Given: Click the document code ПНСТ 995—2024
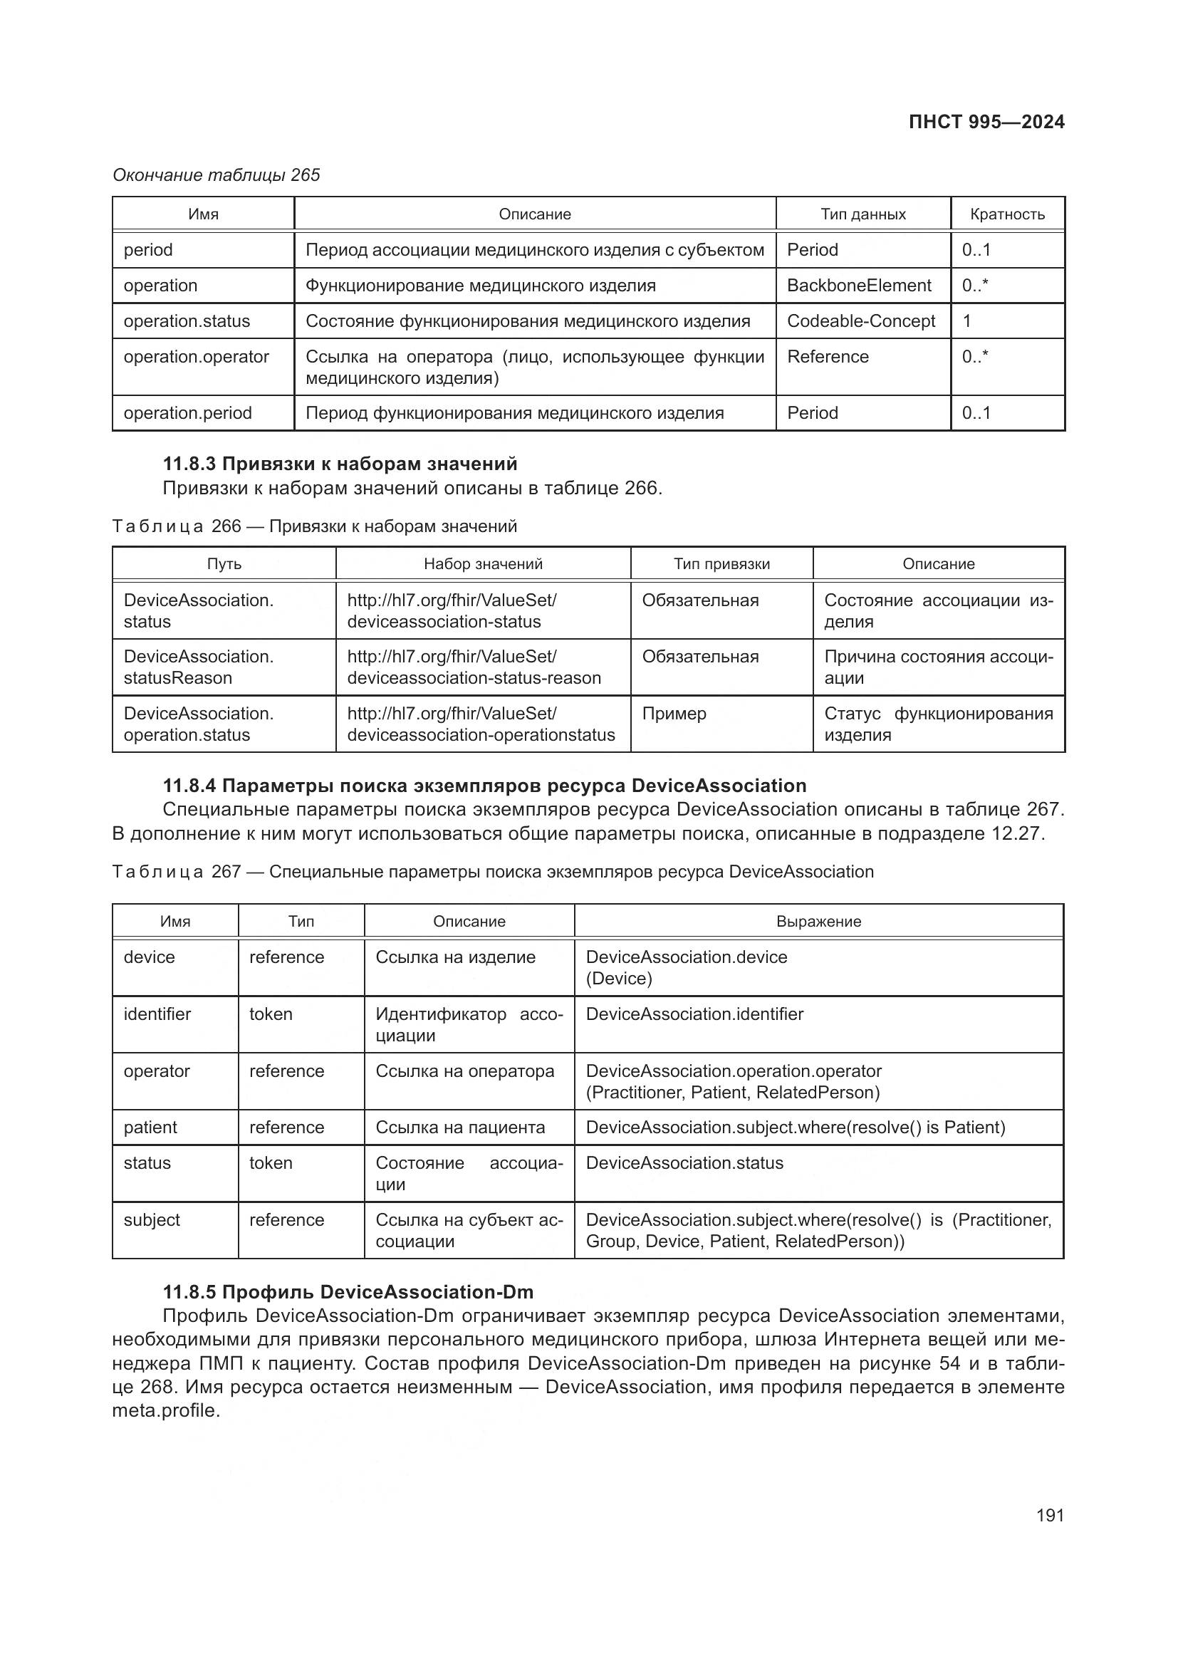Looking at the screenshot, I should click(986, 122).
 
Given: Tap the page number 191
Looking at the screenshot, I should click(1050, 1515).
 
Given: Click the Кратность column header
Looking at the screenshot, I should click(1007, 214).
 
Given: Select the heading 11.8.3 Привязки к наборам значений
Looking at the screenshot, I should click(340, 463).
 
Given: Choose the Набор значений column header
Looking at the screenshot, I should click(483, 564).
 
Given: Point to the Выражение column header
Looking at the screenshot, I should click(818, 921).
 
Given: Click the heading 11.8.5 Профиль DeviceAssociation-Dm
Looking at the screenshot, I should click(348, 1291).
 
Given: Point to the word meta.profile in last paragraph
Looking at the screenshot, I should click(165, 1410).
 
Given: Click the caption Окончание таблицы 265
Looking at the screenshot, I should click(217, 175).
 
